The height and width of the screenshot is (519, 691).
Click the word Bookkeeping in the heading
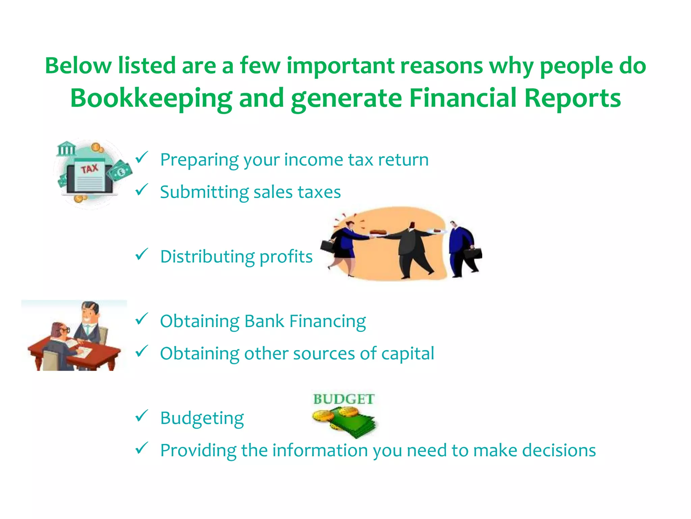tap(151, 98)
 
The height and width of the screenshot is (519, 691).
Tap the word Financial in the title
tap(463, 98)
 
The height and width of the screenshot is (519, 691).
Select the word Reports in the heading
tap(572, 98)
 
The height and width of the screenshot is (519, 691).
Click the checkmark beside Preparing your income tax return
tap(142, 157)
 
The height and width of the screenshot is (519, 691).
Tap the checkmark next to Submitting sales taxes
tap(142, 190)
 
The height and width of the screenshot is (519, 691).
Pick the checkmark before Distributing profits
tap(142, 254)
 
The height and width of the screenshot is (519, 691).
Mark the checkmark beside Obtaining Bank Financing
tap(142, 319)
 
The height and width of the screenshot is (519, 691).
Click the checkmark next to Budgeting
tap(142, 416)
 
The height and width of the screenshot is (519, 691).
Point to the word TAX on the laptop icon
tap(89, 169)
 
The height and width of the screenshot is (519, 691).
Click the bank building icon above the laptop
tap(66, 149)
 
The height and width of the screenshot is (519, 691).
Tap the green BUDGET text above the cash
tap(343, 399)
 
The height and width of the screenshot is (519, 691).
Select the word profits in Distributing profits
tap(286, 256)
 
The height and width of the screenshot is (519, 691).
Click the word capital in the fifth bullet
tap(408, 353)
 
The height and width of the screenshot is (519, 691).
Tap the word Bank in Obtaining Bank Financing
tap(264, 321)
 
